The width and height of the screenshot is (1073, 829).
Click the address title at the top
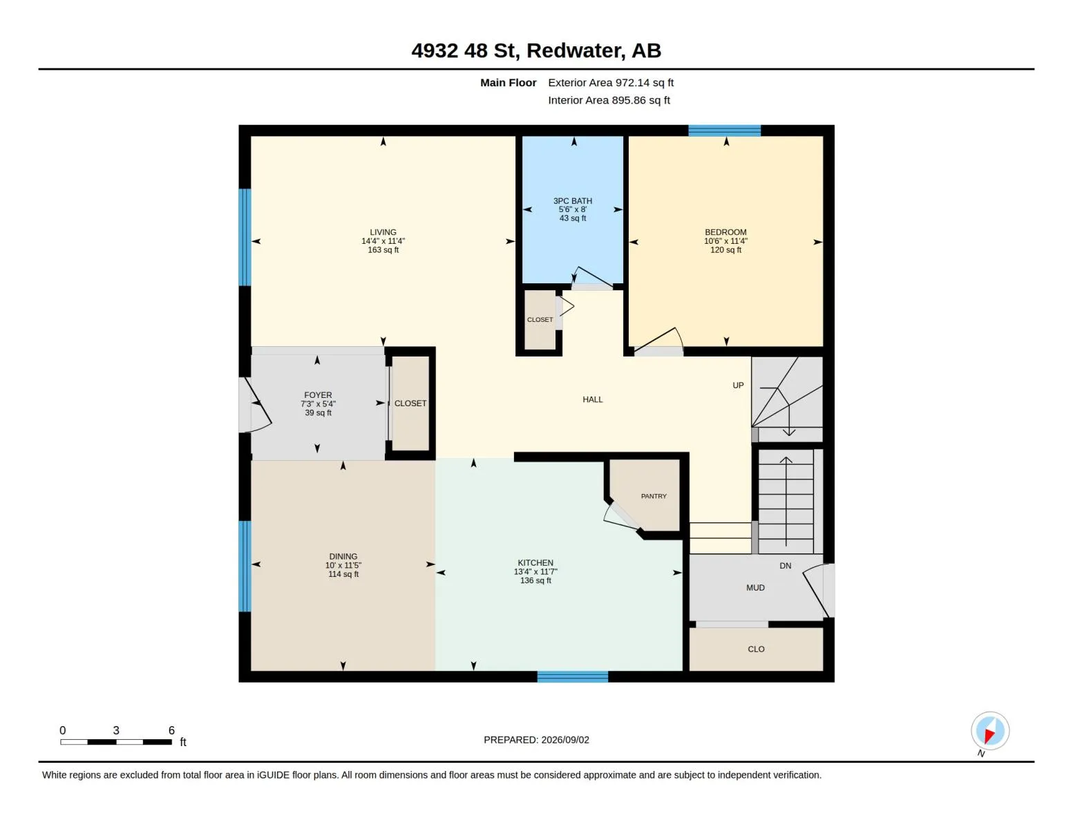click(535, 50)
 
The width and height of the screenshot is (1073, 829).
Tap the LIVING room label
click(383, 232)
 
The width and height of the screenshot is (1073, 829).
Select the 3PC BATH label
click(572, 201)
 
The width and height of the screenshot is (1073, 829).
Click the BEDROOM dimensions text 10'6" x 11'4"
click(725, 241)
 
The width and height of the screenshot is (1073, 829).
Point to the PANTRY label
click(654, 496)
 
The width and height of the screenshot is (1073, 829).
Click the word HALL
click(592, 399)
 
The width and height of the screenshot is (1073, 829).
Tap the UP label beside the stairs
click(738, 385)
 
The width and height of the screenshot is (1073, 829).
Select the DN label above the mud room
click(785, 565)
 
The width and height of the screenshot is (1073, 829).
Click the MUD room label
click(755, 588)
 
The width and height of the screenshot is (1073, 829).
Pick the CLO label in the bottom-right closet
click(755, 649)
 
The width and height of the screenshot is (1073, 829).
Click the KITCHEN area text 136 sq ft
click(535, 580)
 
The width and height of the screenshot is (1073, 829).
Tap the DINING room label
click(343, 556)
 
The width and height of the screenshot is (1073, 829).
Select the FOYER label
click(318, 395)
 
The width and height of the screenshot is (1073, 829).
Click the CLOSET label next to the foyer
click(410, 403)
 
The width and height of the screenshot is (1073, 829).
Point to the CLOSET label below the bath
click(540, 319)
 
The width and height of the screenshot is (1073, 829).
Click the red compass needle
click(989, 736)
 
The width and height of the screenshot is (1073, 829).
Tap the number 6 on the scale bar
click(171, 730)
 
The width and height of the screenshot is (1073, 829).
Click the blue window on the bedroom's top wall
click(724, 131)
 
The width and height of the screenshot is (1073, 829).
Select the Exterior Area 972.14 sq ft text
click(610, 83)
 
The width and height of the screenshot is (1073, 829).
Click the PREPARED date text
click(536, 740)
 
